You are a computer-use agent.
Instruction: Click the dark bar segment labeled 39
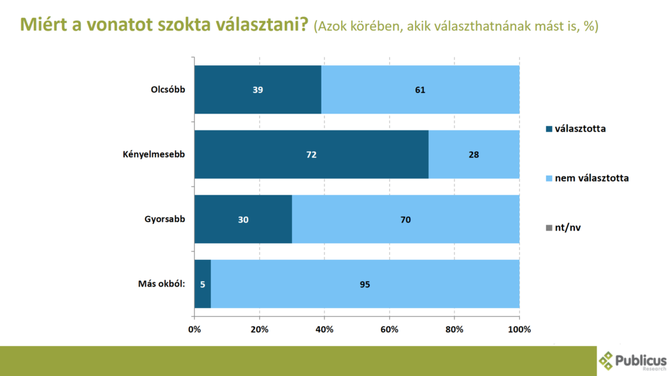[257, 89]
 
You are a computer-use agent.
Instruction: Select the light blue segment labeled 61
[419, 89]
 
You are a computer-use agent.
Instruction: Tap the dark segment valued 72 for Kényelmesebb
[311, 154]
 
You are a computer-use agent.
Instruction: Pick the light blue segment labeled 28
[474, 154]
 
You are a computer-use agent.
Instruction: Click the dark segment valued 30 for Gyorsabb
[243, 219]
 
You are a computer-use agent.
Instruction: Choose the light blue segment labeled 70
[405, 219]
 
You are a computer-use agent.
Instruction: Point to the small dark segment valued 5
[203, 284]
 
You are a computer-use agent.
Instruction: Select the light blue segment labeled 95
[365, 284]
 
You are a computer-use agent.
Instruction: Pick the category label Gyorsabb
[165, 219]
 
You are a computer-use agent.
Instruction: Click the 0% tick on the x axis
[195, 329]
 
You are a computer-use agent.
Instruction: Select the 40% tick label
[324, 329]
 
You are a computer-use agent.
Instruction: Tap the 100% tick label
[519, 329]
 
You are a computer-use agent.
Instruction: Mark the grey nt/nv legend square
[547, 227]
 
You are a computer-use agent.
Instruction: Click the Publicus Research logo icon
[607, 360]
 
